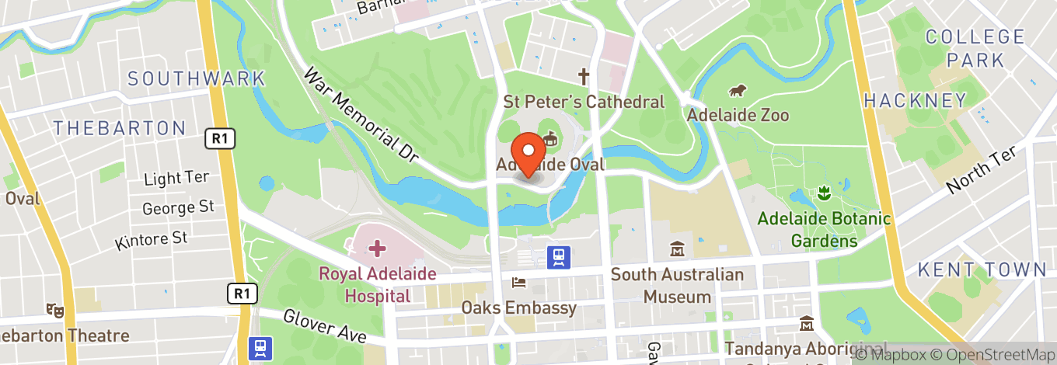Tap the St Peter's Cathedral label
[584, 102]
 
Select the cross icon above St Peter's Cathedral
[584, 77]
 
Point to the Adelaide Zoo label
[738, 115]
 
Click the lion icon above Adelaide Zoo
[738, 91]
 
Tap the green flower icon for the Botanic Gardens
[824, 192]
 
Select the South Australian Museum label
[677, 285]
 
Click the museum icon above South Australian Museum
[677, 250]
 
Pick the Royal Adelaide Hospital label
[378, 285]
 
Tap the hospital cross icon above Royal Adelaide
[377, 249]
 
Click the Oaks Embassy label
[519, 308]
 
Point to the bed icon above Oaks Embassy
[518, 283]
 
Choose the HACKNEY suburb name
[914, 100]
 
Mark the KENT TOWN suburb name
[982, 269]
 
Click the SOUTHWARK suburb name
[197, 78]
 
